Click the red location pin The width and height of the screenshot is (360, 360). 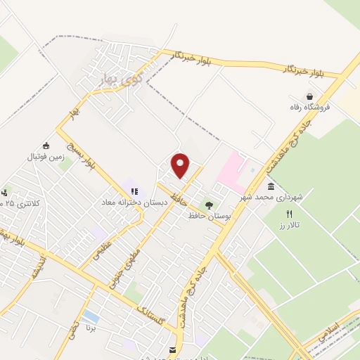(181, 165)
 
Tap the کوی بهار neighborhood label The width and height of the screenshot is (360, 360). (112, 73)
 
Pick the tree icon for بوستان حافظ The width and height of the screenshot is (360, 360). (209, 205)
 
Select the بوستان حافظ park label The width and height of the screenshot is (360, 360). (210, 216)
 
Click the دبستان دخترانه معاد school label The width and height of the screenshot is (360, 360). (131, 202)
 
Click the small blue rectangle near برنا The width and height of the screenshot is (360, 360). (89, 317)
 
